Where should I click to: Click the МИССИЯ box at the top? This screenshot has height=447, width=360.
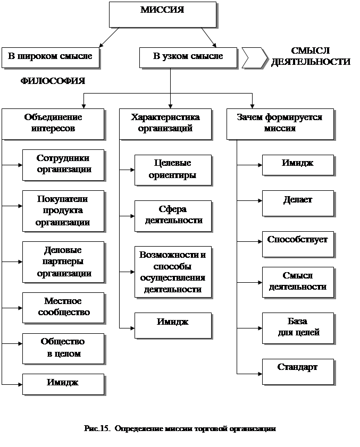point(163,14)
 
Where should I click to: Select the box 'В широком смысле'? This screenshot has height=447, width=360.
point(50,57)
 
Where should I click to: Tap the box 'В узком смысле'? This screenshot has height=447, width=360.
point(188,57)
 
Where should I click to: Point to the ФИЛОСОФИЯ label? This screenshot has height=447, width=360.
point(53,81)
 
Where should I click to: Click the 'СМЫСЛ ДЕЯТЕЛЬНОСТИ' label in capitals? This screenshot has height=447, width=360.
point(311,57)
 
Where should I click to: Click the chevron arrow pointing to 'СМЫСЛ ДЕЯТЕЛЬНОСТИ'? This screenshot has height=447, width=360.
point(254,57)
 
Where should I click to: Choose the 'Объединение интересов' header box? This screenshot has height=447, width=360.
point(53,123)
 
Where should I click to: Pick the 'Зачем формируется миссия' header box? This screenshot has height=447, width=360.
point(280,123)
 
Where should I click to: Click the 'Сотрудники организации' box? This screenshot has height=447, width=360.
point(64,164)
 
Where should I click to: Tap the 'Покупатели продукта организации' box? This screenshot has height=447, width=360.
point(63,210)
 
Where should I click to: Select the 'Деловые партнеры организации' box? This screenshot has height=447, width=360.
point(63,262)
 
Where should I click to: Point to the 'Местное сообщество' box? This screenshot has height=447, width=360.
point(63,307)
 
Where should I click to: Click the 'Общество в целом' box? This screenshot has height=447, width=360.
point(63,348)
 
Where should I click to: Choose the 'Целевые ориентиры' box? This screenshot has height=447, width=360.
point(173,170)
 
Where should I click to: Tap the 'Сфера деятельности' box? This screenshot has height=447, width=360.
point(173,215)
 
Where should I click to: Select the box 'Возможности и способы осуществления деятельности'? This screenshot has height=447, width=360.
point(173,271)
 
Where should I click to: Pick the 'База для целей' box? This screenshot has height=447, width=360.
point(298,328)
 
